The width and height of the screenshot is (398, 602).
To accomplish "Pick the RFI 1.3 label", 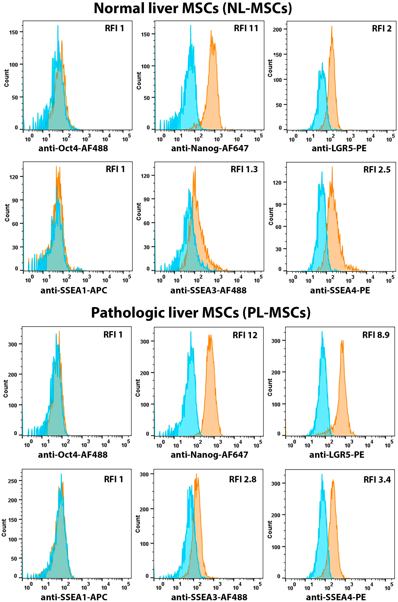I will pyautogui.click(x=244, y=169).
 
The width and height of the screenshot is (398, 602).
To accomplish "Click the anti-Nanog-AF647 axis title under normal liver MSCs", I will pyautogui.click(x=210, y=148).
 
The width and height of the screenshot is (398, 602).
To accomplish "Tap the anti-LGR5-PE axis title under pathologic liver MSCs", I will pyautogui.click(x=337, y=455).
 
